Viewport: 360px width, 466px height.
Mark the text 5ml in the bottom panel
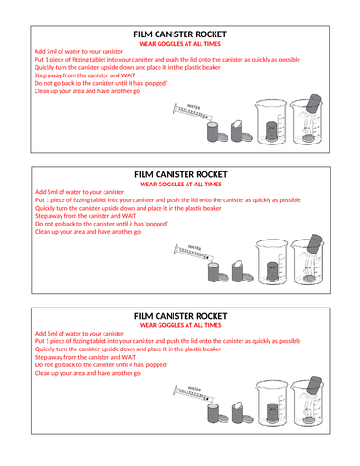55,332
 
